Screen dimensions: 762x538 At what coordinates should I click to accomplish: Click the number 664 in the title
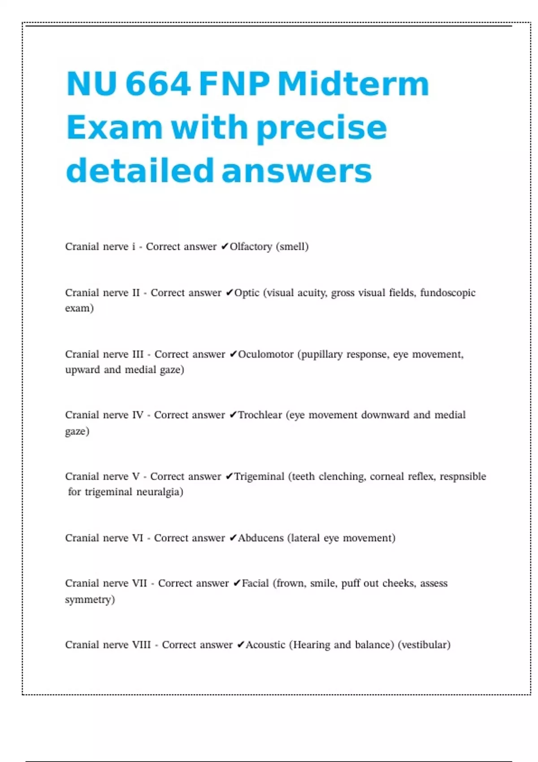(x=158, y=84)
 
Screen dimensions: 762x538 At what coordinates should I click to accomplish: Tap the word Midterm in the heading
(x=353, y=84)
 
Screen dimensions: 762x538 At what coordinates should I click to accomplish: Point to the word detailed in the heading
(x=139, y=171)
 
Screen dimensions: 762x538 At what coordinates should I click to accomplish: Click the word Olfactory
(x=251, y=247)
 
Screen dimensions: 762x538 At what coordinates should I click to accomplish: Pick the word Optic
(x=247, y=293)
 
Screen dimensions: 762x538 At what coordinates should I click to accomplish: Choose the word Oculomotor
(x=265, y=355)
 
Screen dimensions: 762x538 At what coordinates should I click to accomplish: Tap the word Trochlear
(x=260, y=415)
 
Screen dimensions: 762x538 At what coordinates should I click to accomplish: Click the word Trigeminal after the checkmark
(x=259, y=476)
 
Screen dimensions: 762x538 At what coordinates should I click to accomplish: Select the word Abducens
(x=260, y=538)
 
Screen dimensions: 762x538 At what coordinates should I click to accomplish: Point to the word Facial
(x=255, y=583)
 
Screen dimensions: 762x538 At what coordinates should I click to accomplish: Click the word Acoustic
(x=265, y=645)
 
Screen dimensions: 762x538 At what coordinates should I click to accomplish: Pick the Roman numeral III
(x=138, y=355)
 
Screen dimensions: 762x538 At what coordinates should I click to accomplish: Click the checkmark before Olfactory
(x=225, y=247)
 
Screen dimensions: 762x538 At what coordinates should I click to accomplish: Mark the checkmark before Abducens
(x=233, y=538)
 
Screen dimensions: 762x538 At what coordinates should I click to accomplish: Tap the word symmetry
(x=90, y=599)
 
